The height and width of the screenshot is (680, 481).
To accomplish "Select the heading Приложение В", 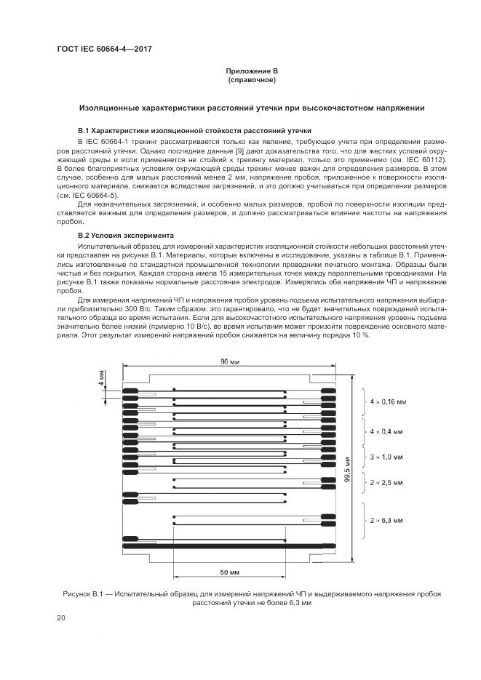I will (252, 71).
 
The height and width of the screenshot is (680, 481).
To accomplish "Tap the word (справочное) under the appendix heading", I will (252, 79).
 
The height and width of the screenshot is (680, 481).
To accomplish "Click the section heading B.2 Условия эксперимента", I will (126, 236).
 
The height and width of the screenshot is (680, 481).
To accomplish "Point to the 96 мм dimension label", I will (230, 362).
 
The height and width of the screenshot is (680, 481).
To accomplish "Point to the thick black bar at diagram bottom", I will (230, 545).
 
